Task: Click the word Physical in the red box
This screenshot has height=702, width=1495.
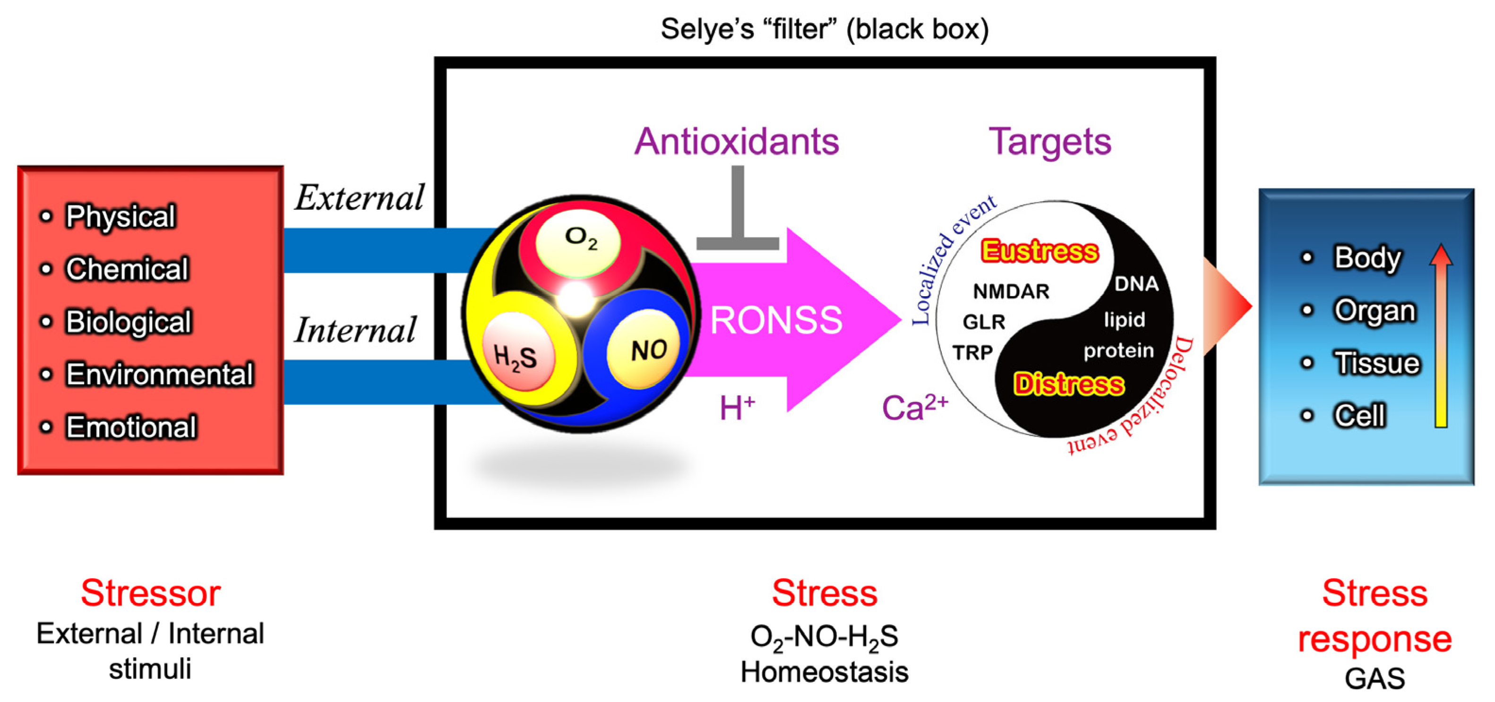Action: (120, 216)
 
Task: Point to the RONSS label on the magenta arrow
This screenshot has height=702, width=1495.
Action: (776, 320)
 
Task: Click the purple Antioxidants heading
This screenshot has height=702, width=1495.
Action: (737, 142)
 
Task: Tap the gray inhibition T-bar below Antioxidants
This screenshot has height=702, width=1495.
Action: (737, 214)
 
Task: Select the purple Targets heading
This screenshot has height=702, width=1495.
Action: (1050, 142)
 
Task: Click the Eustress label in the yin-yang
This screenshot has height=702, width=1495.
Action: (1040, 251)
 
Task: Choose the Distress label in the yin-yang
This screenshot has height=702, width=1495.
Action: (1068, 384)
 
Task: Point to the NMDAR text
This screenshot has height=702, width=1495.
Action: (1011, 291)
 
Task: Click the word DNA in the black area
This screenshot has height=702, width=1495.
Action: (1136, 284)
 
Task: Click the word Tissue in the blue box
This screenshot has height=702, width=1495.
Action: (1376, 363)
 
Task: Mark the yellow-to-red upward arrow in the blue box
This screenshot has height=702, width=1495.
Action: (1441, 336)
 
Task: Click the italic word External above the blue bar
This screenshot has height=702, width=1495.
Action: (360, 198)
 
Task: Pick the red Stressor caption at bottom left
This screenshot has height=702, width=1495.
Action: (150, 593)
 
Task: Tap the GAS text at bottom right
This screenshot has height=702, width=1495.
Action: (1375, 678)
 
